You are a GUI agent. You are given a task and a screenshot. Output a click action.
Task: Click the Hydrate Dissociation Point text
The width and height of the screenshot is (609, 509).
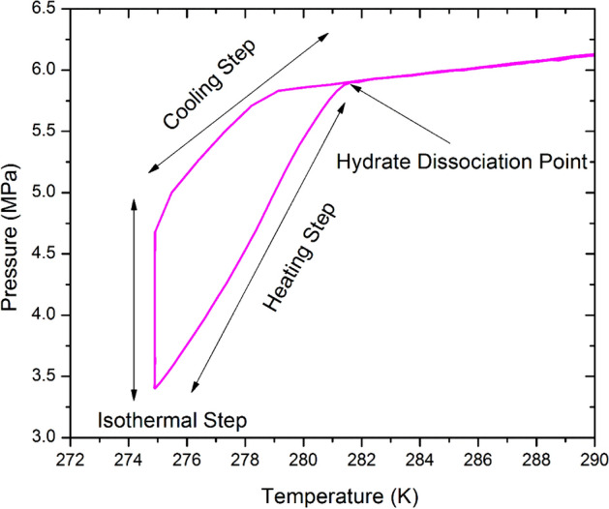463,161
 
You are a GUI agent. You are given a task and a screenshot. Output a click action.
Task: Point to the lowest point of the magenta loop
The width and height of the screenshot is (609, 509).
155,388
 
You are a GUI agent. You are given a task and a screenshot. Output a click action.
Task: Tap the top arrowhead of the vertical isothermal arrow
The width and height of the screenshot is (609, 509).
135,199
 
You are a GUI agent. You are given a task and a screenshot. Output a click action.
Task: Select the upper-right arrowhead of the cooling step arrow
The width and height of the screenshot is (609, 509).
327,35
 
